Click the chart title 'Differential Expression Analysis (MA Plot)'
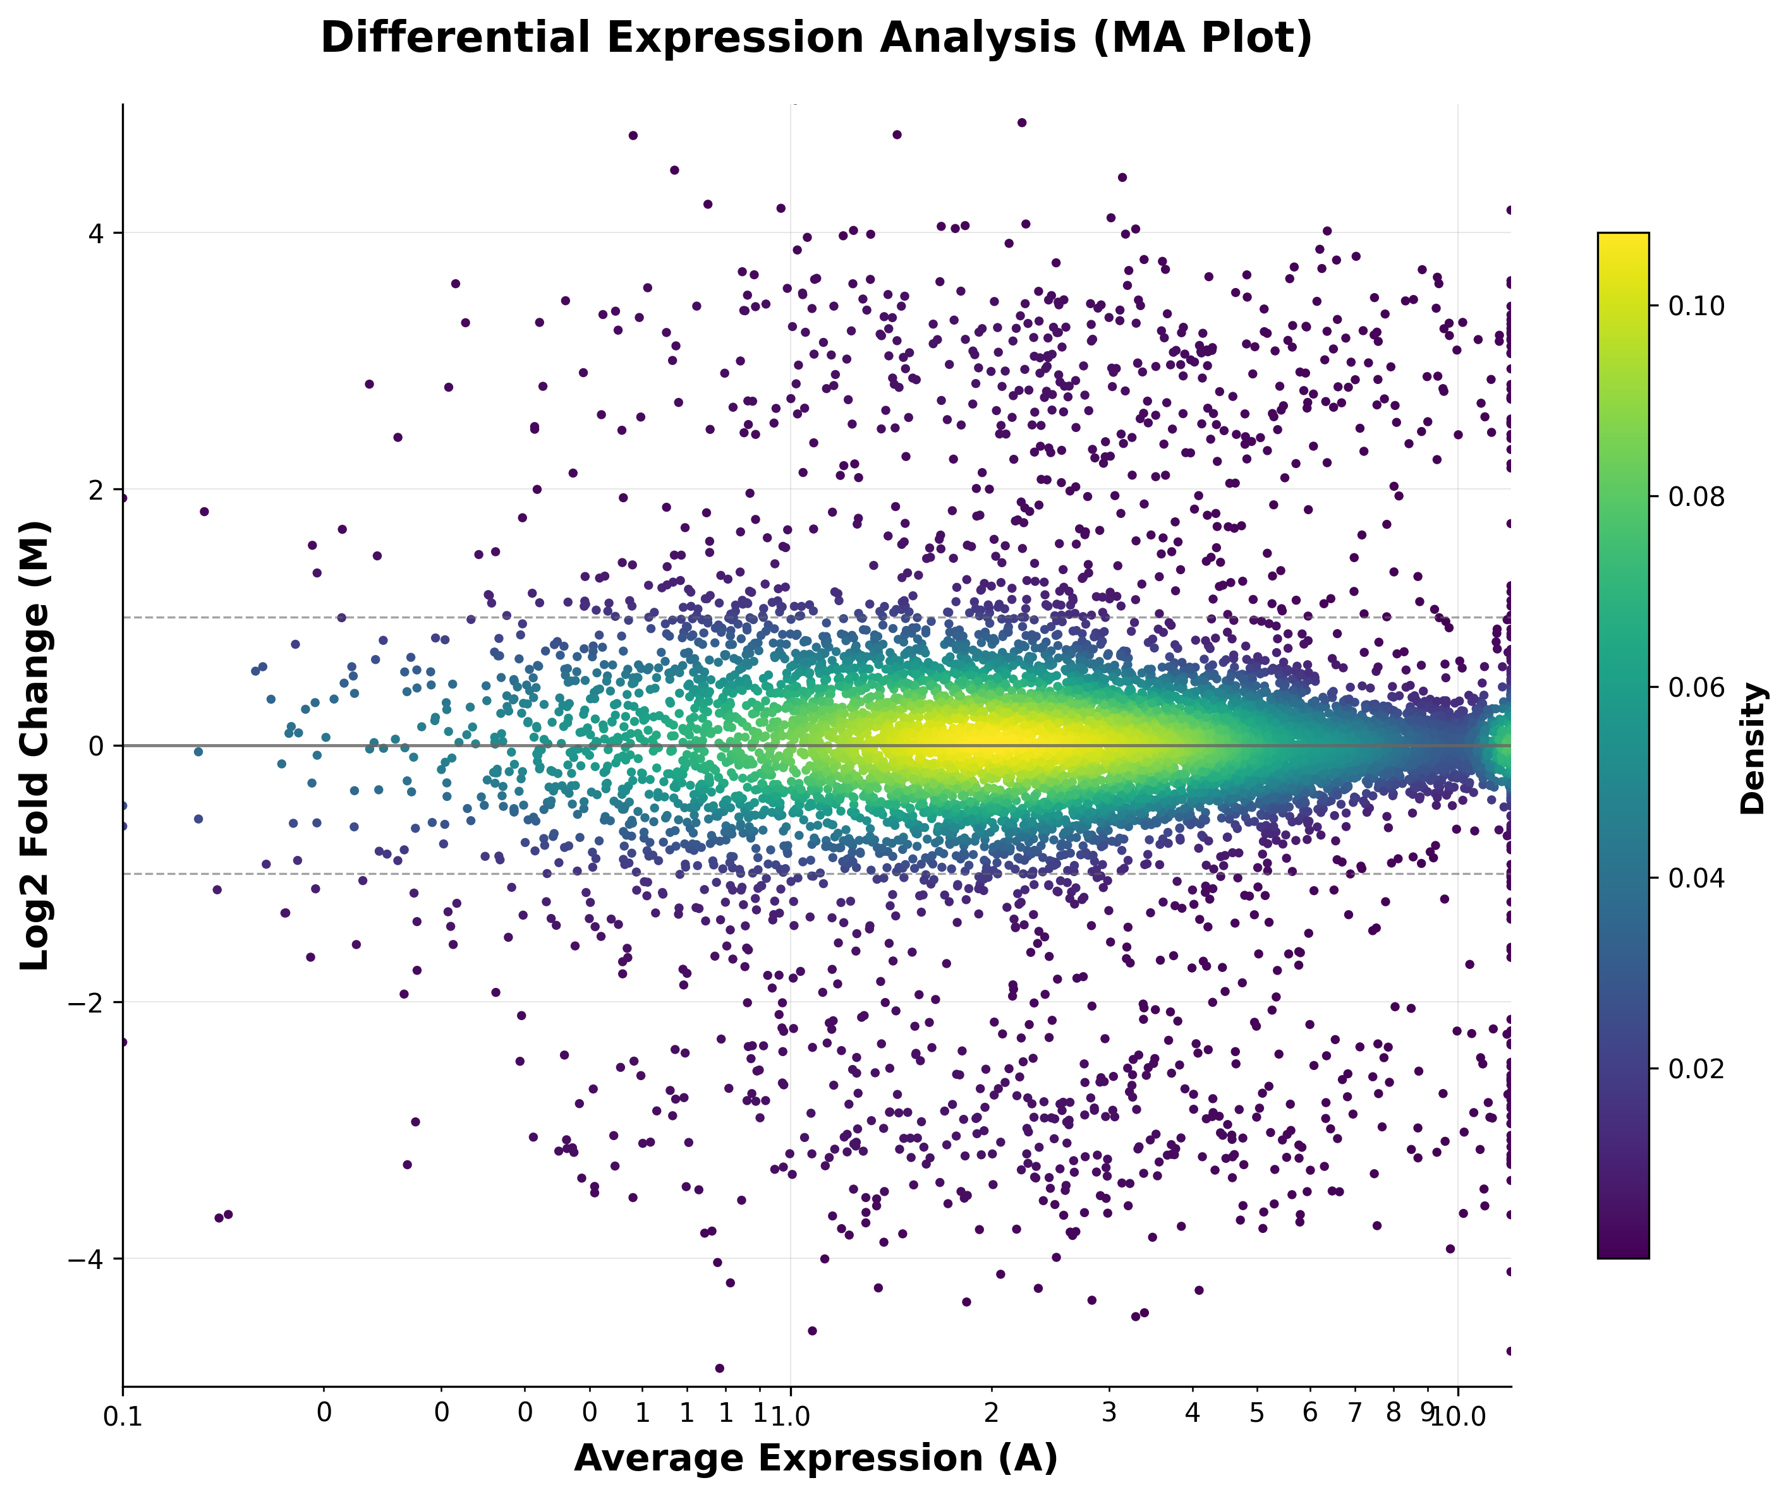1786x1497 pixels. coord(816,39)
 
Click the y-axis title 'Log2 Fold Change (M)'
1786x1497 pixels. coord(36,745)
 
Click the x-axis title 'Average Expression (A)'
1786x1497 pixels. coord(816,1458)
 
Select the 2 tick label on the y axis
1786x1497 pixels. coord(96,490)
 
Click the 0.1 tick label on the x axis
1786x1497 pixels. coord(123,1417)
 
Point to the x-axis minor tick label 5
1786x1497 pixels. coord(1257,1412)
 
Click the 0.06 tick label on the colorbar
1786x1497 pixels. coord(1696,687)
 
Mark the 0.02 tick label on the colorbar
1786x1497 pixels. coord(1696,1067)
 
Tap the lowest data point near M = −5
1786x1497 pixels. coord(719,1368)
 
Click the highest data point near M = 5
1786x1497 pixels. coord(1021,123)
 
